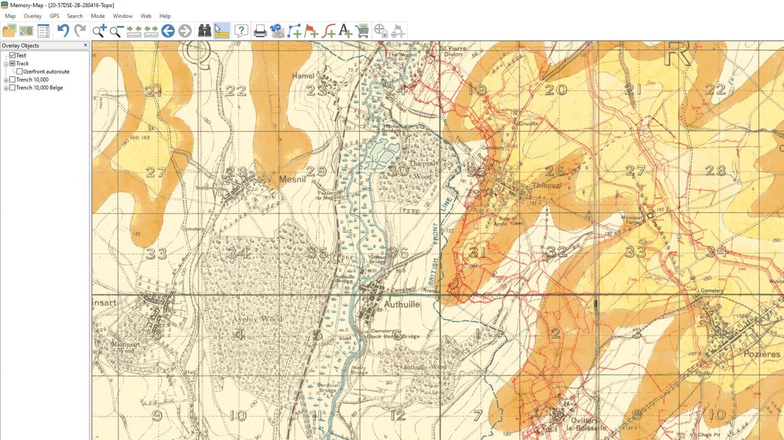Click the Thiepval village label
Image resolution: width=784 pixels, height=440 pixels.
tap(546, 186)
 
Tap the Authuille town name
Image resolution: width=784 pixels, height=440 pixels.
tap(402, 304)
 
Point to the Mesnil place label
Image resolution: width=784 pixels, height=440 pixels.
tap(292, 179)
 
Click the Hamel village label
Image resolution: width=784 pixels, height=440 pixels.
tap(303, 76)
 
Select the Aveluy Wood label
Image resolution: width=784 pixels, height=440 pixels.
tap(257, 319)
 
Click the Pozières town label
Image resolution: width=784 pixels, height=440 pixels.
tap(762, 354)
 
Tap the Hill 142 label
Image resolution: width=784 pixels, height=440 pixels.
tap(140, 138)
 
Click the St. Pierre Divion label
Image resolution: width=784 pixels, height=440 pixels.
tap(453, 51)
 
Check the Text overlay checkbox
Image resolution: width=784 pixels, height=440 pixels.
tap(12, 55)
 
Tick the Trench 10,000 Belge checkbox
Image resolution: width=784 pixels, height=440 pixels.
tap(12, 88)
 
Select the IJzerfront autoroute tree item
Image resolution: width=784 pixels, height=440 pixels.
tap(46, 71)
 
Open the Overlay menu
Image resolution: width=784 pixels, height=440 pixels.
tap(32, 16)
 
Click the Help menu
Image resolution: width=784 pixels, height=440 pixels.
tap(164, 16)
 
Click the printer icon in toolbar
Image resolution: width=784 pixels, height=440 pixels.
tap(260, 31)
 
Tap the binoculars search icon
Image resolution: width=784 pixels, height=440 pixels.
tap(204, 31)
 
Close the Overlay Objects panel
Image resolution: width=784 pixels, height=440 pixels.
tap(85, 45)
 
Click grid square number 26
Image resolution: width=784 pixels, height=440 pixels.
tap(554, 171)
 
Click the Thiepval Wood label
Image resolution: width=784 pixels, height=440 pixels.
tap(423, 170)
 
